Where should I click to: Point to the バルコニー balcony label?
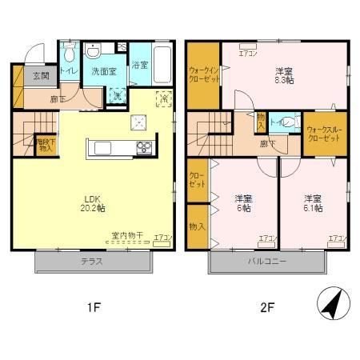click(x=267, y=262)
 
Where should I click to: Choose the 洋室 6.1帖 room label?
click(x=314, y=203)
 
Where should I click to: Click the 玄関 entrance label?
click(x=41, y=76)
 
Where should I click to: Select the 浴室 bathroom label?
click(x=141, y=65)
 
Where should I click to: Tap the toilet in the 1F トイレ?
click(x=69, y=54)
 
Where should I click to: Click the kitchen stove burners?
click(x=144, y=146)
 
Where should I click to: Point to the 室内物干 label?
click(x=126, y=235)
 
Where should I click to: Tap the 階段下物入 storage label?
click(x=46, y=145)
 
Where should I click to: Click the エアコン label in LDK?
click(x=162, y=238)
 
